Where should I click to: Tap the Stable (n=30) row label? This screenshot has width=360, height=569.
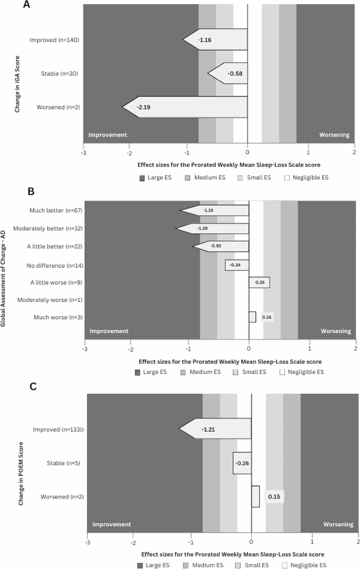(x=59, y=74)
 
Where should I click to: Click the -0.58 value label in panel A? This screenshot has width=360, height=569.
(x=234, y=74)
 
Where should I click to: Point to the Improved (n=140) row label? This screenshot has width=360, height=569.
(x=54, y=40)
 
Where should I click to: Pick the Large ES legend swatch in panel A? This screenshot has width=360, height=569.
(x=141, y=178)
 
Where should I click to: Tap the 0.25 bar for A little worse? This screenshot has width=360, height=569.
(x=259, y=283)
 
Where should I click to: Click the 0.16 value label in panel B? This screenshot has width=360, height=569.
(x=267, y=317)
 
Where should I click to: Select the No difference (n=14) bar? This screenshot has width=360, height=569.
(x=237, y=265)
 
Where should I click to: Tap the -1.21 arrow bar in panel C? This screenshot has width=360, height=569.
(x=215, y=430)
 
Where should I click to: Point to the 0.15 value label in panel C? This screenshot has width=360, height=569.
(x=274, y=496)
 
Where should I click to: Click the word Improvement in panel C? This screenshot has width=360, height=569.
(x=111, y=524)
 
